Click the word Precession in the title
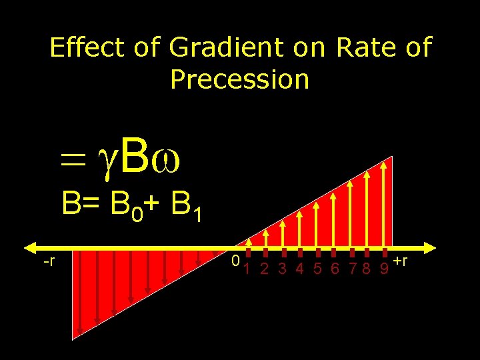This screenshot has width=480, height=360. [x=240, y=79]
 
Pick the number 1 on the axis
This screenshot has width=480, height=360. [x=247, y=269]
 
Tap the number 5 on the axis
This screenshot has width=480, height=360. [x=317, y=269]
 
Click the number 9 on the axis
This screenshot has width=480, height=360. [x=384, y=269]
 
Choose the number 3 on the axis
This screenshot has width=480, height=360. [x=282, y=269]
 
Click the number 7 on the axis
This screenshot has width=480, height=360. [x=353, y=269]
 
